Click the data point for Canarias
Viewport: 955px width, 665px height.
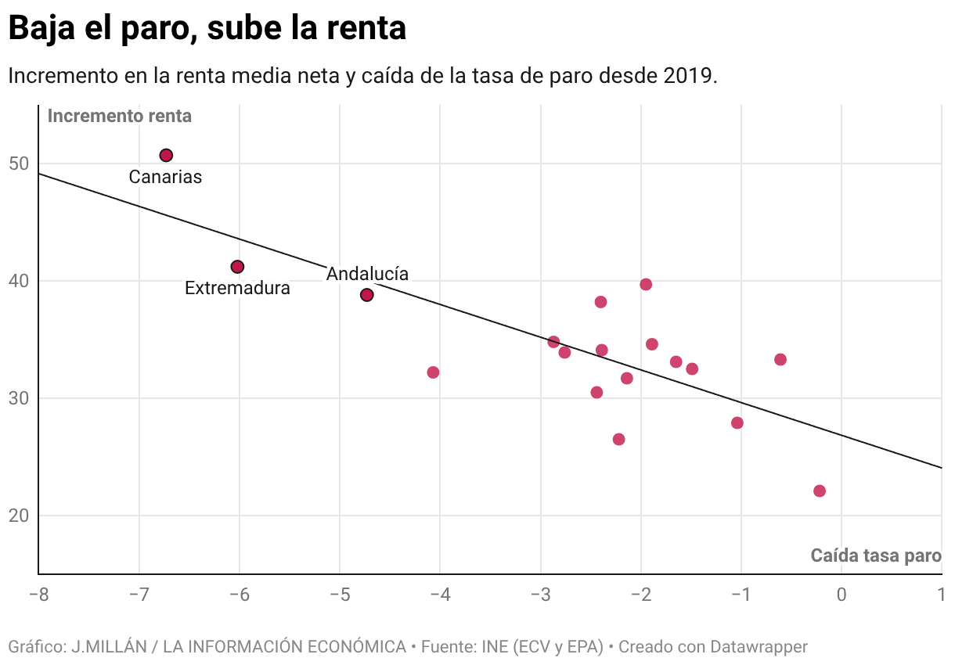tap(166, 156)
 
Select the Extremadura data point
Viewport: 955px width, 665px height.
tap(237, 267)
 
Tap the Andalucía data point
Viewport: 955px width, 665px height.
tap(366, 295)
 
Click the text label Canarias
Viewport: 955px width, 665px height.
tap(165, 178)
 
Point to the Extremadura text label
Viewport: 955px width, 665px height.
tap(237, 289)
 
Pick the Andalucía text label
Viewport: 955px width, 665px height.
tap(367, 275)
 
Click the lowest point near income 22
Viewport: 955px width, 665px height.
tap(820, 491)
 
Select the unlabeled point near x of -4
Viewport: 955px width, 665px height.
tap(433, 372)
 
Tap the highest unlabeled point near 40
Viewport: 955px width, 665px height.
tap(646, 285)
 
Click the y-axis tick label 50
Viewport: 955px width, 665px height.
tap(20, 164)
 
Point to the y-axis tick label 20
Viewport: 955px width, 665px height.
tap(20, 516)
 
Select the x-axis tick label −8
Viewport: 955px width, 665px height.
tap(38, 595)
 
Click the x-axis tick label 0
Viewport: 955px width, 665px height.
tap(841, 595)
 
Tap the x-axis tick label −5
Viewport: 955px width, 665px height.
tap(339, 595)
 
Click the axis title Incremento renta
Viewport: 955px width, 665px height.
tap(120, 117)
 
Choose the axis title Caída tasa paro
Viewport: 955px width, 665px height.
tap(875, 556)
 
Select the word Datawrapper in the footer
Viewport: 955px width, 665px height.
tap(759, 647)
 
